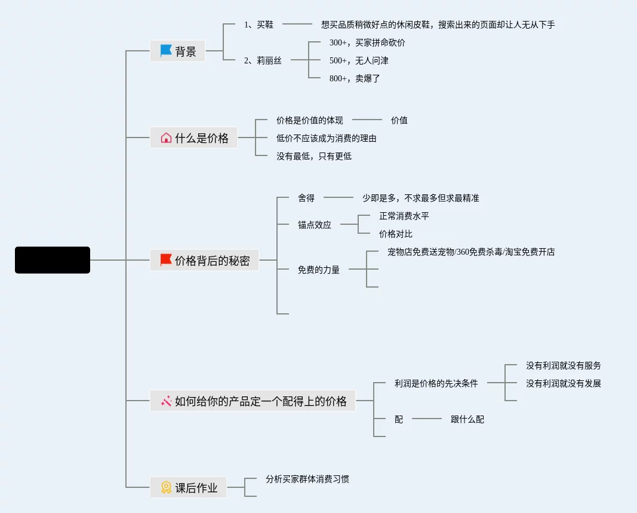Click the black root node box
pos(53,260)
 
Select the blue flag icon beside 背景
pos(166,51)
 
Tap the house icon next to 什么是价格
pos(166,138)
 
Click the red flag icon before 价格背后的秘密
pos(166,260)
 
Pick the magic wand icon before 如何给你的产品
pos(166,401)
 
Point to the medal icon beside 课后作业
pos(166,487)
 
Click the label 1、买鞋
pos(259,25)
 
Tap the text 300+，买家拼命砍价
pos(367,42)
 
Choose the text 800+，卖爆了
pos(355,78)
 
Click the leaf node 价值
pos(399,120)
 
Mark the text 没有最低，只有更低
pos(314,156)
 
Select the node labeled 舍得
pos(306,198)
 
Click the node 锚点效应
pos(315,225)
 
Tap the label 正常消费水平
pos(404,216)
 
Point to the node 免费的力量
pos(319,270)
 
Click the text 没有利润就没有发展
pos(564,383)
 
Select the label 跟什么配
pos(467,419)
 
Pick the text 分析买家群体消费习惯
pos(307,479)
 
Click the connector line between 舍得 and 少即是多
pos(338,197)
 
